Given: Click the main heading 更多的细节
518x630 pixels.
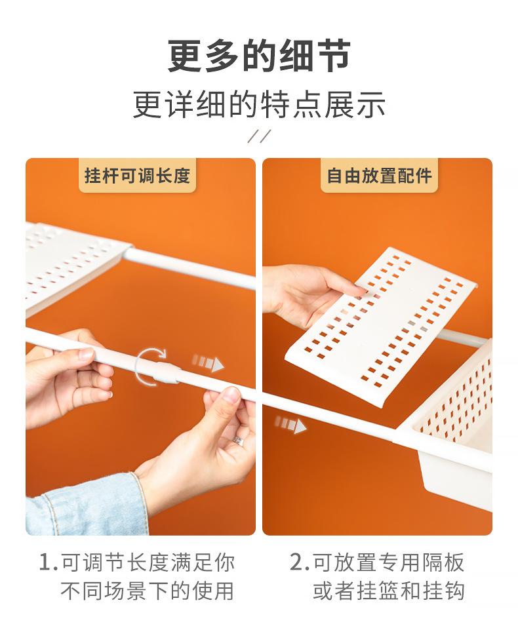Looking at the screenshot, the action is (259, 56).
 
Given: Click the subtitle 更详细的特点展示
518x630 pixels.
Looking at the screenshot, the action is (259, 104).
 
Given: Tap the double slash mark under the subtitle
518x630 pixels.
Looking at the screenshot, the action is (259, 136).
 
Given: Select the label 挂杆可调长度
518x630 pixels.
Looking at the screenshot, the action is (137, 176).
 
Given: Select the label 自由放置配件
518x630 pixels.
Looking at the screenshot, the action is (379, 176).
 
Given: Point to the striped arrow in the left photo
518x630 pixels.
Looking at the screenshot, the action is (207, 363).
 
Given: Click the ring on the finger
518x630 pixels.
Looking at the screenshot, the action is (238, 441).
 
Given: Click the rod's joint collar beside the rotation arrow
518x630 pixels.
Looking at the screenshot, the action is (168, 372).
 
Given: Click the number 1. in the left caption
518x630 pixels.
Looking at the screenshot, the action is (49, 562).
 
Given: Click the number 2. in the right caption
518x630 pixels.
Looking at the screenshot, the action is (300, 562).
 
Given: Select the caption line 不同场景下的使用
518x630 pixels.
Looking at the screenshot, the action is (147, 591).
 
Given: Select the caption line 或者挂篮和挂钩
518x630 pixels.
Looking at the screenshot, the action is (389, 591).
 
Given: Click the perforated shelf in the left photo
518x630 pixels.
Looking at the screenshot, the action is (72, 266).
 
